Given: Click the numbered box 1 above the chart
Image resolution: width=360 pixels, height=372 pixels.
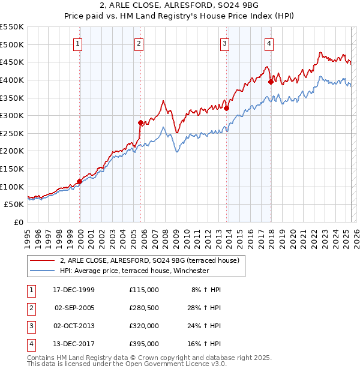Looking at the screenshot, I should (x=79, y=43).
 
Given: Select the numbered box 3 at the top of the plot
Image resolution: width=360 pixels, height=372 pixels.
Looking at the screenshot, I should (x=224, y=43).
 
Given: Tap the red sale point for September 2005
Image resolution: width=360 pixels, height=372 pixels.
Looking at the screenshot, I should (x=140, y=122).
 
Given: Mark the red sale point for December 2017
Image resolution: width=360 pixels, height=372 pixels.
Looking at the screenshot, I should (x=271, y=82).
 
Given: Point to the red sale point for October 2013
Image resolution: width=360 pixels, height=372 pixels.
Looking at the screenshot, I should (x=226, y=109).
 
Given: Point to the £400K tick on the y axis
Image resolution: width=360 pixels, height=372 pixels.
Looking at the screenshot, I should (x=12, y=80).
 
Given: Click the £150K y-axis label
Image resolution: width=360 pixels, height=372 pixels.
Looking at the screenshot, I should (x=12, y=169).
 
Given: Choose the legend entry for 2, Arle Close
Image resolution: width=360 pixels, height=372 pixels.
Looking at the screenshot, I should (x=149, y=260).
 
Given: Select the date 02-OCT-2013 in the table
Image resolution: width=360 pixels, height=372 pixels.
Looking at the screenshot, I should (x=74, y=326).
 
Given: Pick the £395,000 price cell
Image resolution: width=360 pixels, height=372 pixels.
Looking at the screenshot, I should (x=143, y=344).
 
